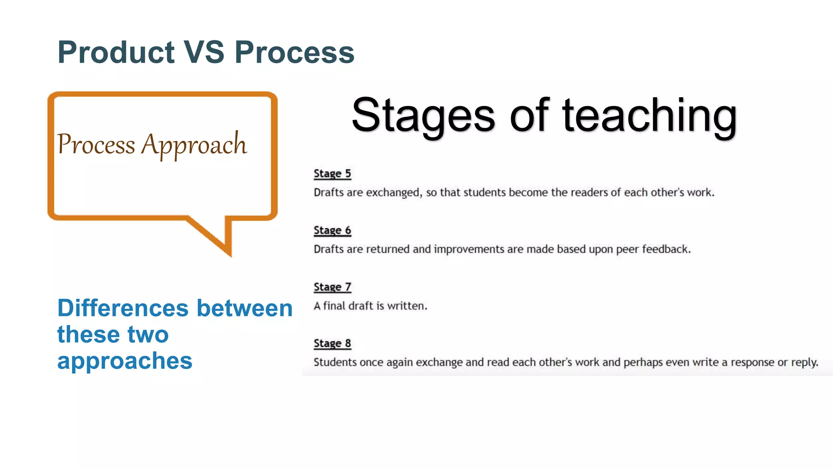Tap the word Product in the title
point(116,52)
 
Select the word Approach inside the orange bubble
point(194,145)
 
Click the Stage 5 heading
point(332,173)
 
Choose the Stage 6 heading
point(332,230)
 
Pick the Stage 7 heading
point(332,287)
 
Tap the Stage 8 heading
point(332,343)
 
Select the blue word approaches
point(124,361)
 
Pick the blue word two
point(148,334)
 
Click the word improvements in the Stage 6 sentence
point(468,249)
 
